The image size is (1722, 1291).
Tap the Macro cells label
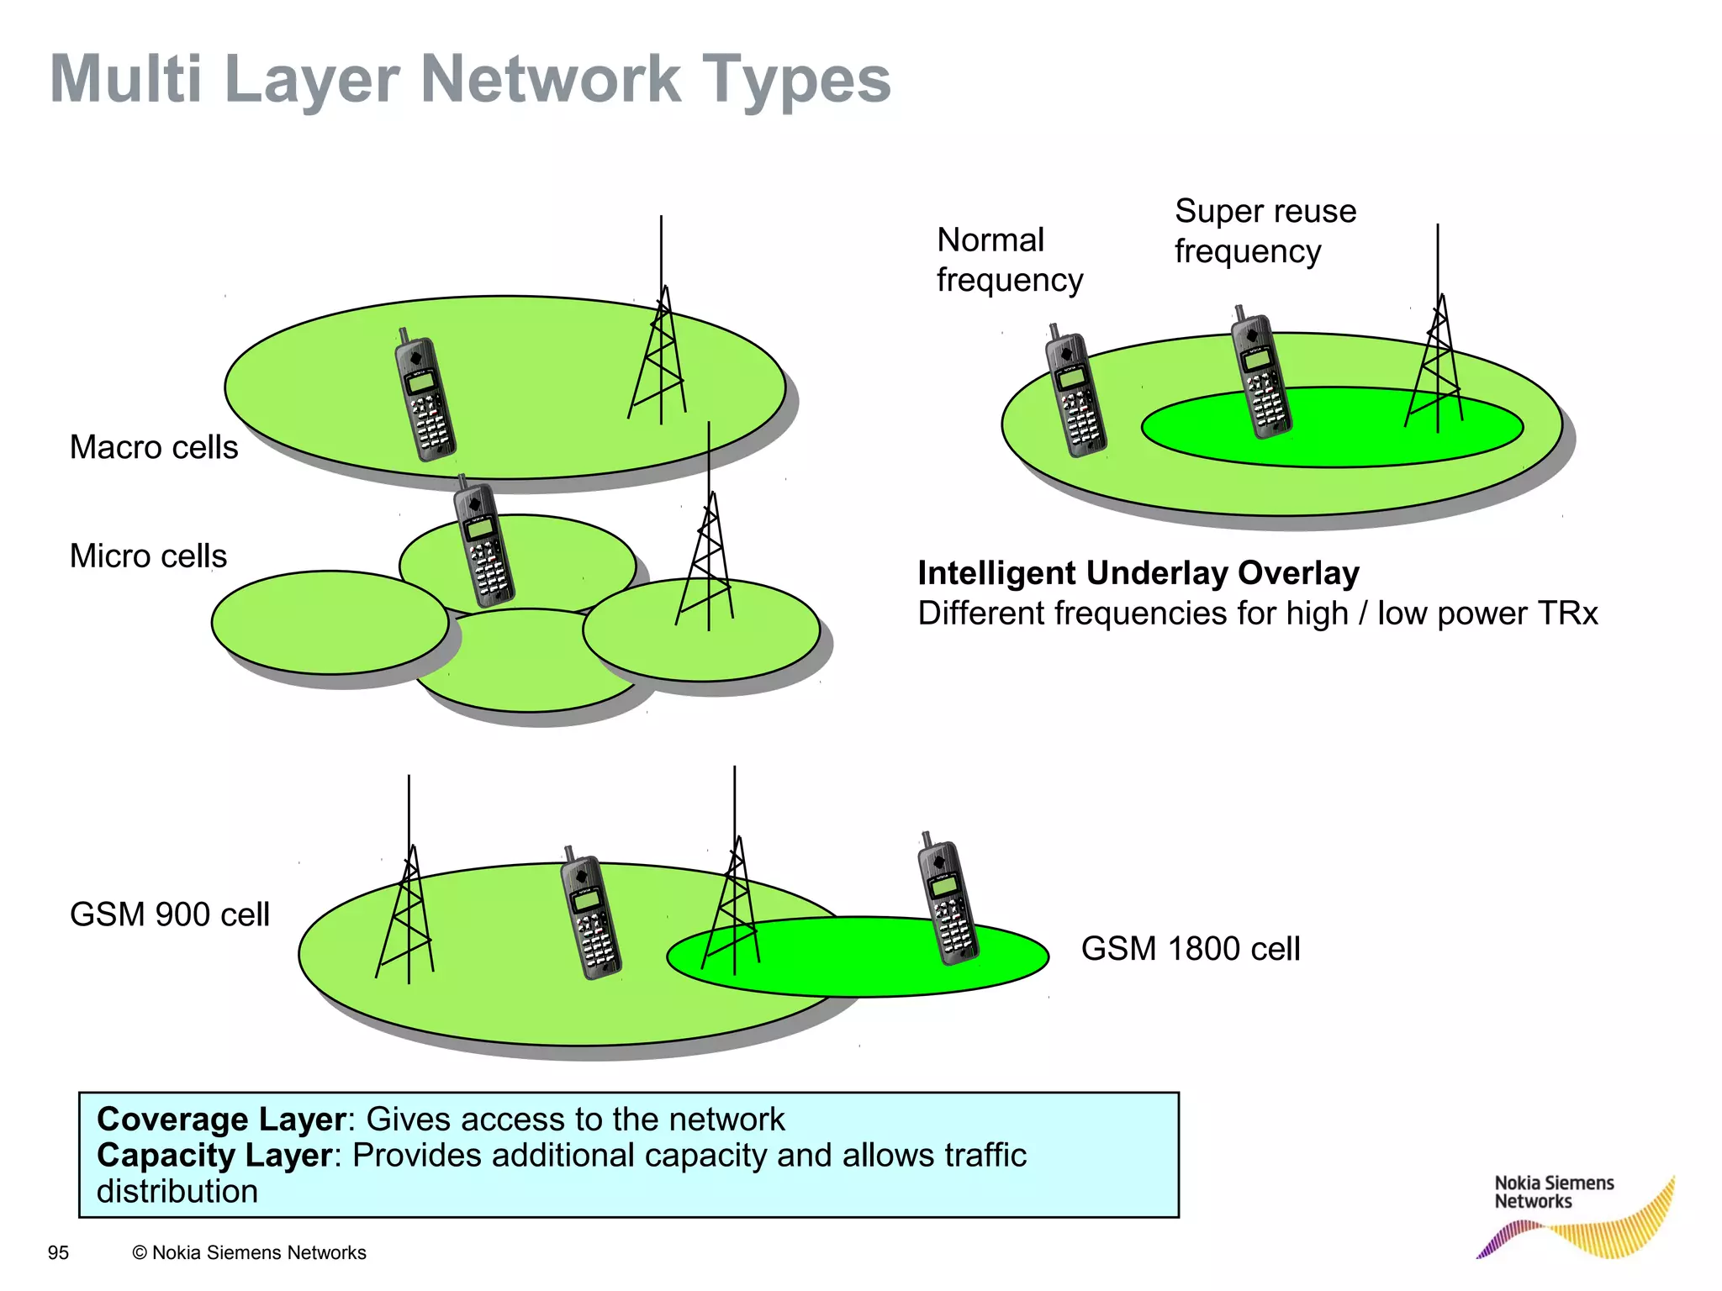coord(154,447)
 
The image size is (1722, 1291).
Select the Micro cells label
coord(148,556)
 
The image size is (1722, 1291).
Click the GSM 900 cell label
coord(169,914)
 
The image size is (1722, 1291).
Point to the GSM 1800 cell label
coord(1190,949)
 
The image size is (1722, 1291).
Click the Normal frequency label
coord(1009,260)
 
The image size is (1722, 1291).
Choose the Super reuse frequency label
coord(1265,231)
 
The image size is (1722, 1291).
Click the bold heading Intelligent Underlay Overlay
coord(1138,573)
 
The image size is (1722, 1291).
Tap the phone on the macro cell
coord(425,395)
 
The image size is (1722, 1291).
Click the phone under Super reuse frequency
coord(1260,373)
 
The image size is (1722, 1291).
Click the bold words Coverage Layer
coord(221,1120)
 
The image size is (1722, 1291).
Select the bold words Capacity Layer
coord(214,1156)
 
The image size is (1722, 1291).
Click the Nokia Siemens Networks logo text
coord(1553,1192)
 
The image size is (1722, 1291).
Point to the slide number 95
coord(58,1253)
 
